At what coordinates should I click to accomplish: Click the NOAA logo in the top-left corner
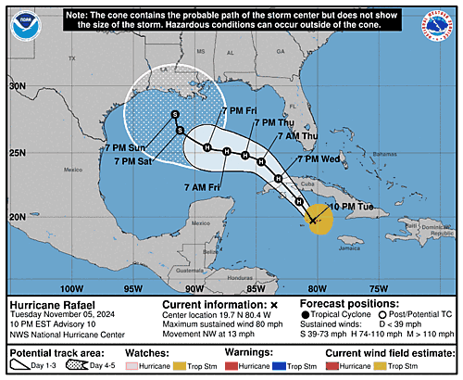coord(28,25)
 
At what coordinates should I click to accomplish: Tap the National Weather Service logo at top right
coord(436,25)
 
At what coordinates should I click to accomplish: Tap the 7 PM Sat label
coord(133,161)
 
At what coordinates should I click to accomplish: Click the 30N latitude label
coord(18,85)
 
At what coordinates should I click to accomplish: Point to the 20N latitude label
coord(18,217)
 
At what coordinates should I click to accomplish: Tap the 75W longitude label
coord(379,287)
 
